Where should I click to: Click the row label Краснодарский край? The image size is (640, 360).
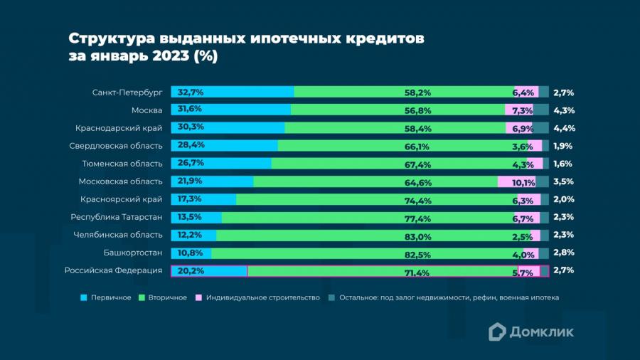click(119, 128)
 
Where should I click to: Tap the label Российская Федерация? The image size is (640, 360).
click(113, 270)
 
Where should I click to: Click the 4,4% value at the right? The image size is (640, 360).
click(563, 128)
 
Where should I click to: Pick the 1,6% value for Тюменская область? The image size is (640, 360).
click(563, 164)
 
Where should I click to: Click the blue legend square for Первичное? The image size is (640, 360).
click(84, 297)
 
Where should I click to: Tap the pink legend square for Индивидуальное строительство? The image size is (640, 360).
click(199, 297)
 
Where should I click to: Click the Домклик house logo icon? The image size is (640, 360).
click(497, 331)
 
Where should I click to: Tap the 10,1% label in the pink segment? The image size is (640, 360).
click(523, 182)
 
